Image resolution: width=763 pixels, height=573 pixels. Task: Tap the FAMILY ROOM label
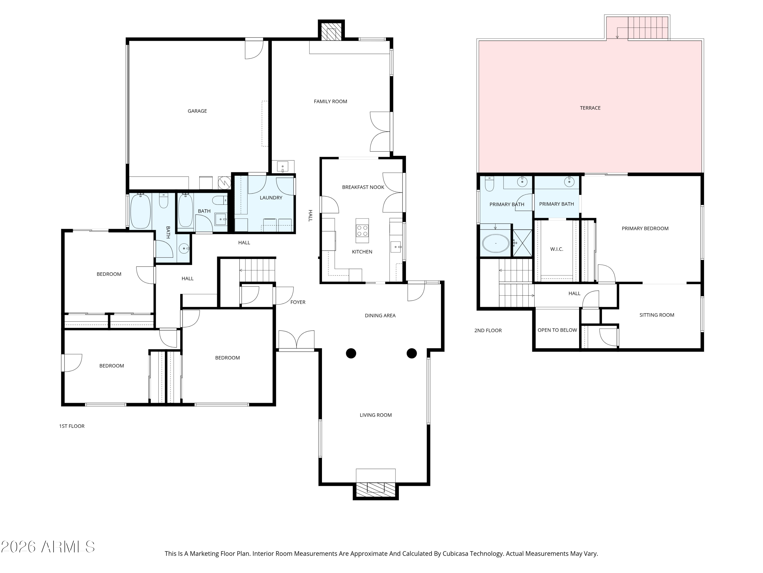pyautogui.click(x=330, y=101)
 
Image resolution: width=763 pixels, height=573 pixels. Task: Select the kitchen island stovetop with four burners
pyautogui.click(x=362, y=230)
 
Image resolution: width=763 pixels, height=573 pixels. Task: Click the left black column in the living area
pyautogui.click(x=351, y=353)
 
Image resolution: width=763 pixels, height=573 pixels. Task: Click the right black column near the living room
pyautogui.click(x=412, y=353)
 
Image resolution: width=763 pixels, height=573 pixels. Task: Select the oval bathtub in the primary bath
pyautogui.click(x=495, y=243)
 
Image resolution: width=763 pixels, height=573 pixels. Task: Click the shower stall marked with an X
pyautogui.click(x=522, y=243)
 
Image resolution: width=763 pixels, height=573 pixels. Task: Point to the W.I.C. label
pyautogui.click(x=556, y=249)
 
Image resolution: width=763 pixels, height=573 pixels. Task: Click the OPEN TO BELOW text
pyautogui.click(x=557, y=330)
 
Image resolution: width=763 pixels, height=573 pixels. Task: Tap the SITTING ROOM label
pyautogui.click(x=656, y=315)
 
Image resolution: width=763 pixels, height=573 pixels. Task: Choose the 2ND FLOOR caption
pyautogui.click(x=488, y=330)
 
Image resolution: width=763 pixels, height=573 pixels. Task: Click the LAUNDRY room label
pyautogui.click(x=271, y=198)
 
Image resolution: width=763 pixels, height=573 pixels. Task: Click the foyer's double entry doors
pyautogui.click(x=296, y=340)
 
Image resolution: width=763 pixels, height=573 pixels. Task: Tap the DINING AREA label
pyautogui.click(x=380, y=315)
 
